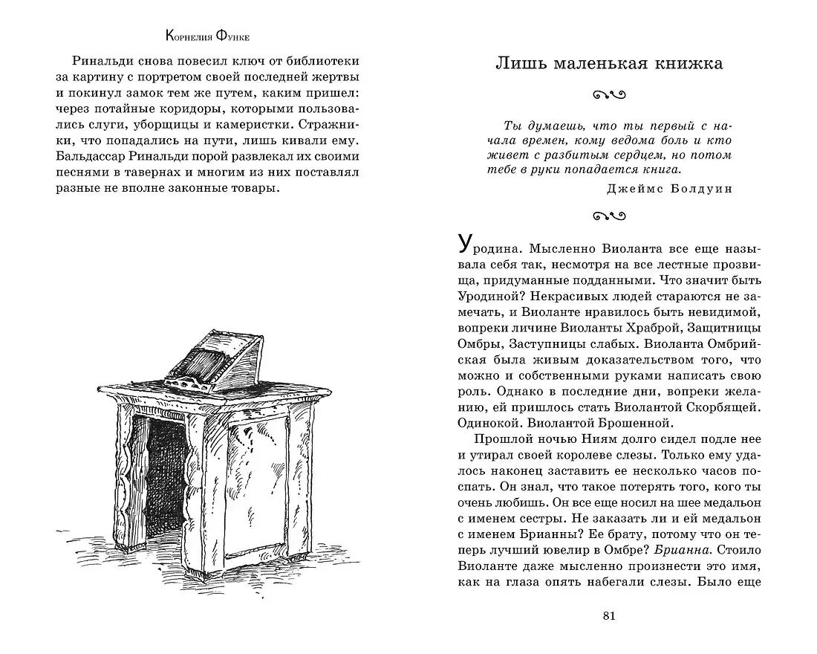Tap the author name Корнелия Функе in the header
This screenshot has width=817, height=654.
207,35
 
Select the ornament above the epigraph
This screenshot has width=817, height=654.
609,94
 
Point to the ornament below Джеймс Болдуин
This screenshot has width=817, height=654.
609,217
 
